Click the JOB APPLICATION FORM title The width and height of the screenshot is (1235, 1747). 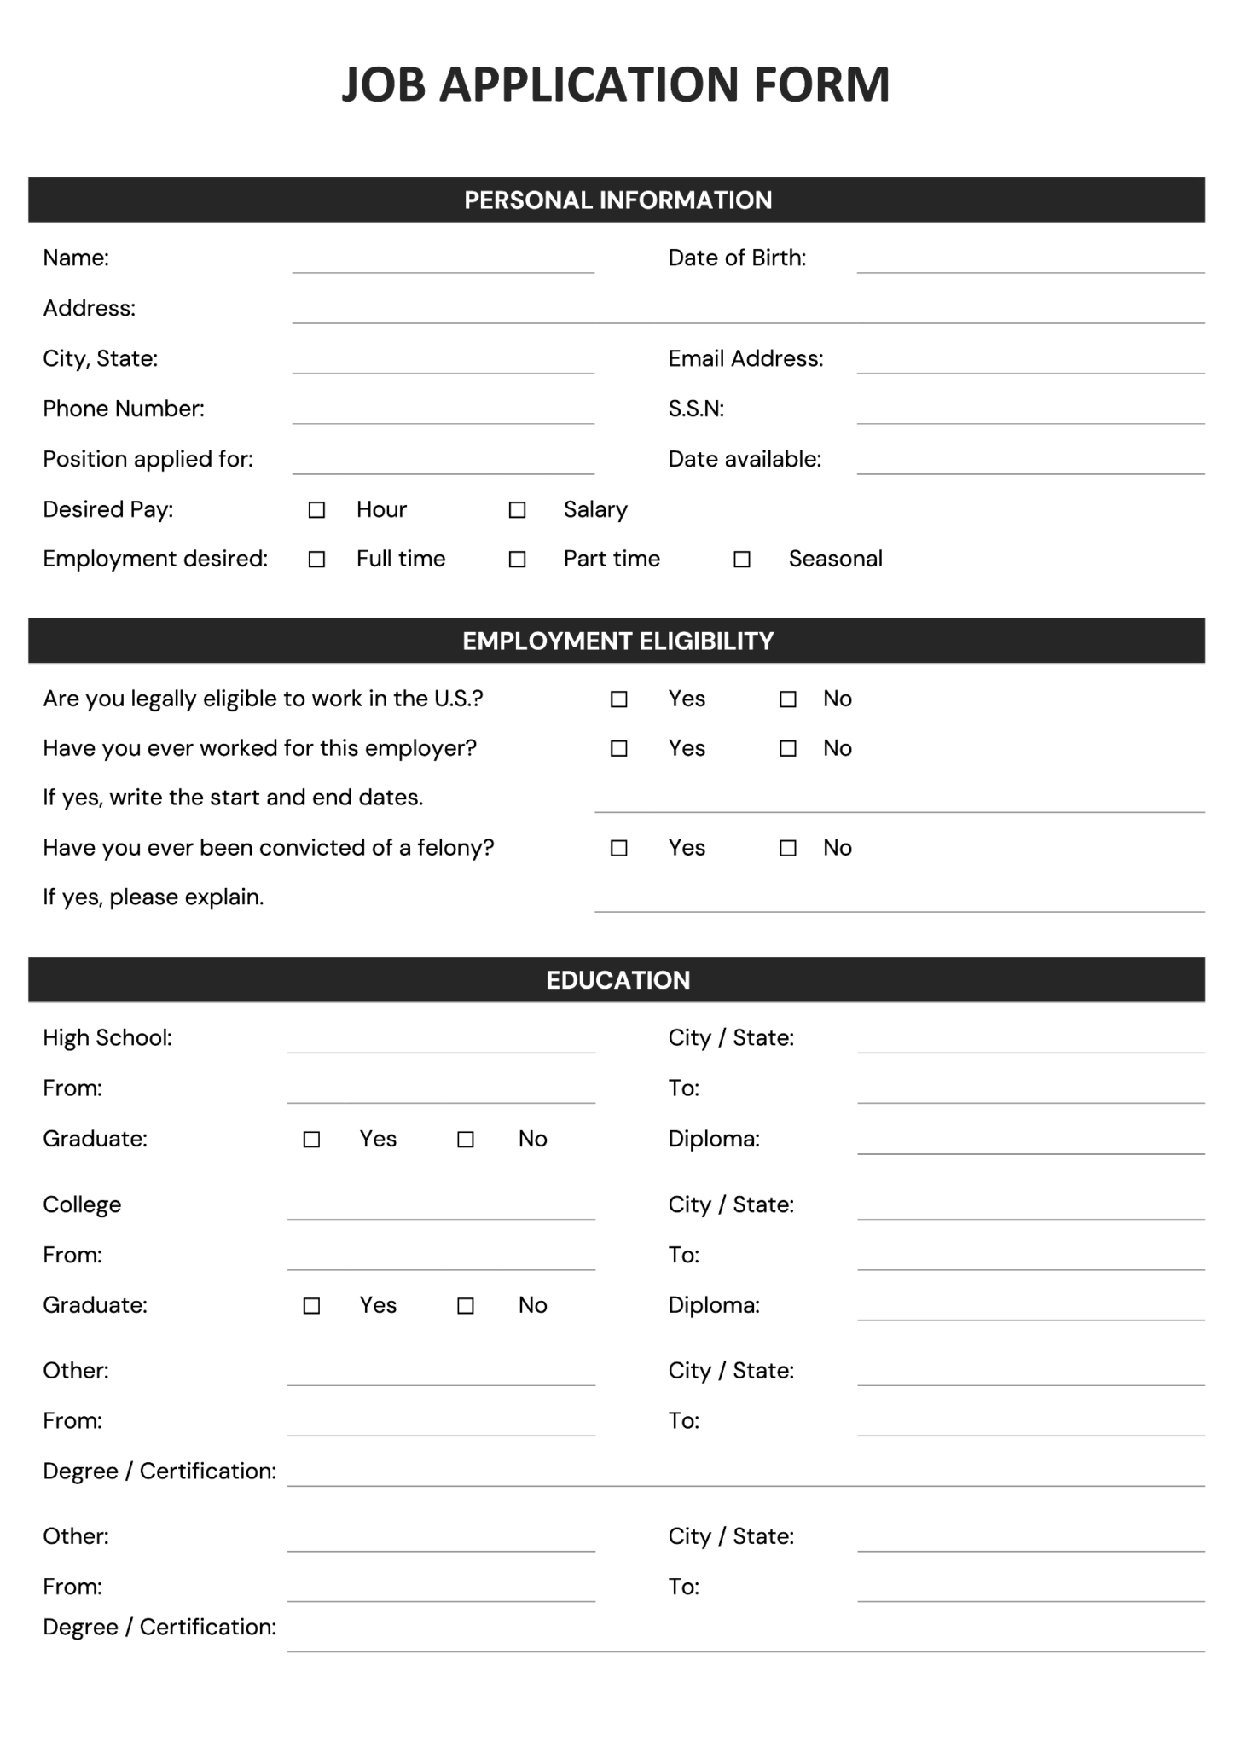tap(616, 84)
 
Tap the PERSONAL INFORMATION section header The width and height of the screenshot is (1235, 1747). tap(617, 200)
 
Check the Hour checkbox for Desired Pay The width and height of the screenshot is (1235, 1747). tap(316, 510)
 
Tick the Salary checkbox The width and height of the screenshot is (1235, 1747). tap(517, 510)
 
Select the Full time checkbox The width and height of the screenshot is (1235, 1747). tap(316, 560)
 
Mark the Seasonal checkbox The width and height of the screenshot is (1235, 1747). tap(742, 560)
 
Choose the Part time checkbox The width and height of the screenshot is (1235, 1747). tap(517, 560)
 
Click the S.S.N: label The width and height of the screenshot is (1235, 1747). tap(696, 409)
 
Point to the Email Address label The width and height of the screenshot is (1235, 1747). tap(745, 359)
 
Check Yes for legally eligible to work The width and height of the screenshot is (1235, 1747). tap(619, 699)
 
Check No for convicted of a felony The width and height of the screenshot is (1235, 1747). tap(788, 848)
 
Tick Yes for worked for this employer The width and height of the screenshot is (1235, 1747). tap(619, 749)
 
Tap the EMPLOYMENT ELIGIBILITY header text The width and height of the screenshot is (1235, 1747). tap(617, 641)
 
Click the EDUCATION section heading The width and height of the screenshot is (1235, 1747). tap(617, 980)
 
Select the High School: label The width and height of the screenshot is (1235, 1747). tap(107, 1038)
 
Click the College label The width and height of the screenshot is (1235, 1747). tap(82, 1204)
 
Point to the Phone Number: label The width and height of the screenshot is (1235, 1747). tap(124, 409)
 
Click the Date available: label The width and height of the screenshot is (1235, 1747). tap(745, 460)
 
